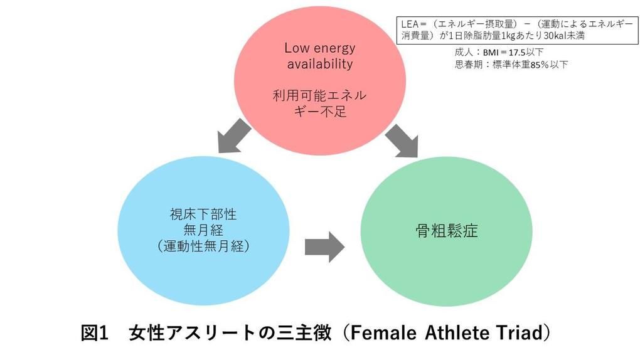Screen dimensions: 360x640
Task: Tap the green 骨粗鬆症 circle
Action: click(x=447, y=231)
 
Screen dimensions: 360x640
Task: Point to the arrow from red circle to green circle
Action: click(x=402, y=140)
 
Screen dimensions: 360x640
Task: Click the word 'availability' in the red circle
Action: click(x=320, y=64)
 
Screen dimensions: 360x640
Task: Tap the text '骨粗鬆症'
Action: click(x=447, y=231)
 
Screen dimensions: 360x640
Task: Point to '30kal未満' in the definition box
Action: click(x=565, y=36)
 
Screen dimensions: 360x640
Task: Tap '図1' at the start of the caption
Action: click(x=96, y=333)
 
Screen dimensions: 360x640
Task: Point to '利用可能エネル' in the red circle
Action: click(x=319, y=97)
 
